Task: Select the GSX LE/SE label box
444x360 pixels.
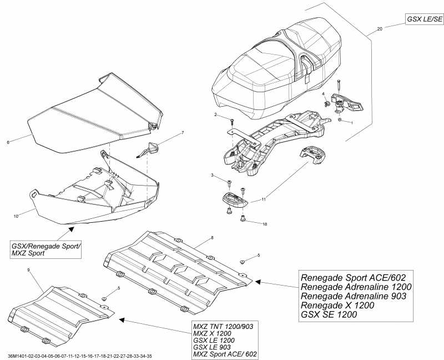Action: tap(424, 19)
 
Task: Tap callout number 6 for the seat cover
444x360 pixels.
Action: tap(8, 142)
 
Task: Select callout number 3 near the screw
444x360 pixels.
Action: tap(212, 176)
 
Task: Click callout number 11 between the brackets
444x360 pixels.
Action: tap(264, 198)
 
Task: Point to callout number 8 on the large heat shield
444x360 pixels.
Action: tap(211, 238)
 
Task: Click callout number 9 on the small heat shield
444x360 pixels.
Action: tap(28, 269)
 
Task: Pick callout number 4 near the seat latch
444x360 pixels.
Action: tap(323, 94)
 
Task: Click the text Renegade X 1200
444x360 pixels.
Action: tap(337, 305)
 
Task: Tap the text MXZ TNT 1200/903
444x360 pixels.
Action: tap(223, 326)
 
